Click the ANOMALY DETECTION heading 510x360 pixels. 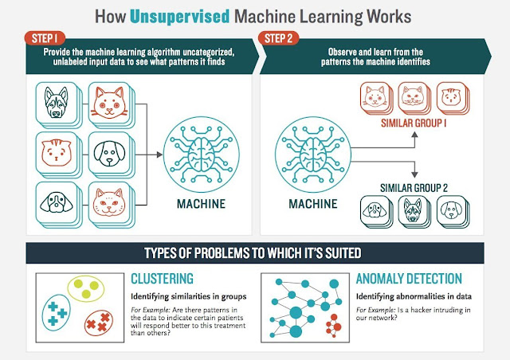[x=408, y=279]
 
